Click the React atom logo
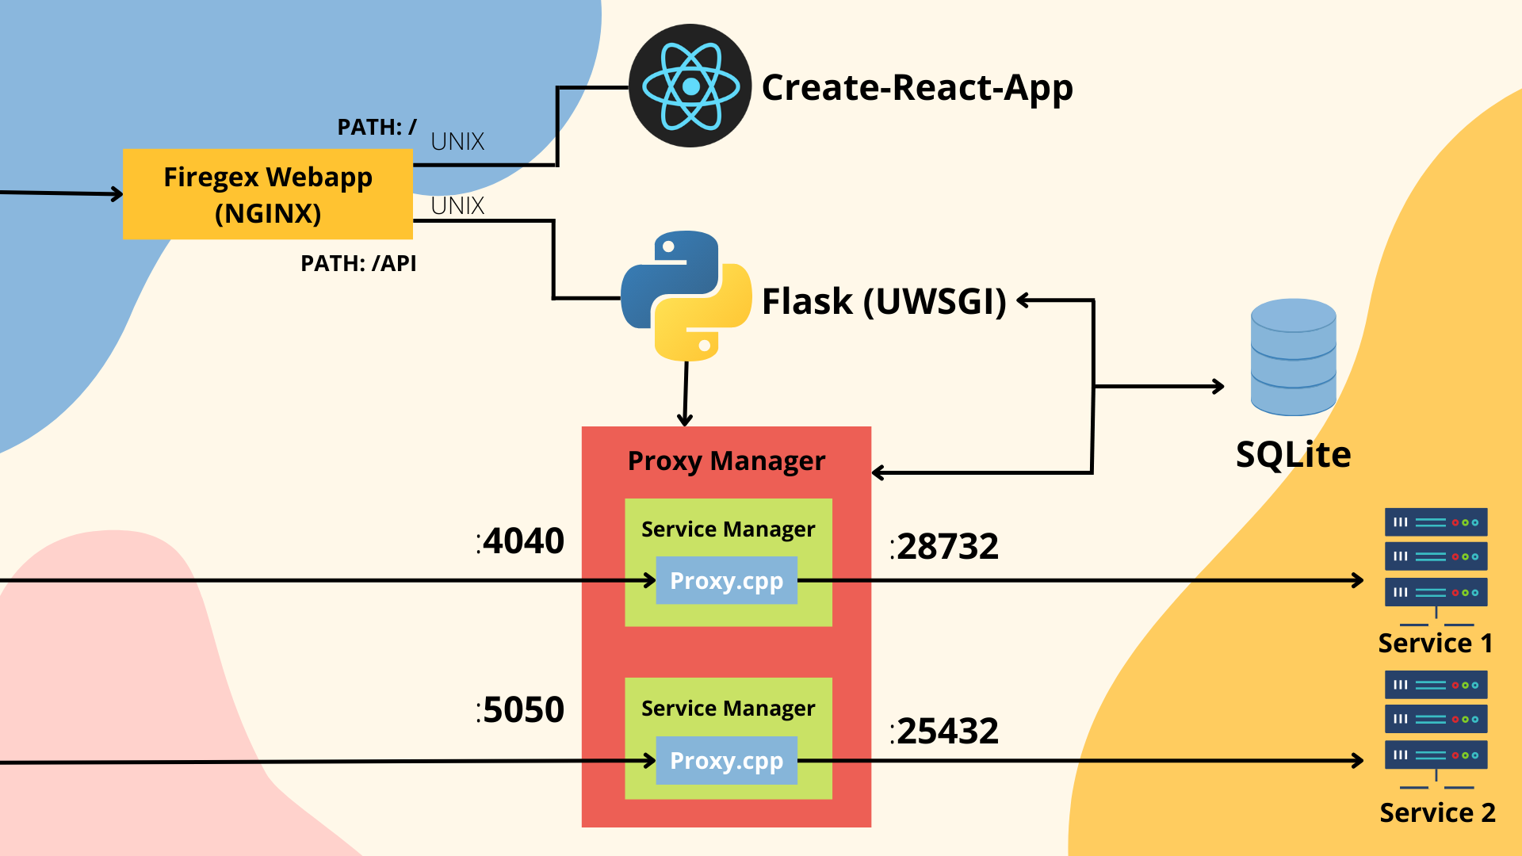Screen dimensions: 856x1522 click(x=690, y=86)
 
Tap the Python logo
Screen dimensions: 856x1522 click(x=686, y=296)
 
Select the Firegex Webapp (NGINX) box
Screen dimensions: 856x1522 click(x=268, y=194)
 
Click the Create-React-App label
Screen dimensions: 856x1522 click(x=917, y=87)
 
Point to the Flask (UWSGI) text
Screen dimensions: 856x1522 click(x=884, y=301)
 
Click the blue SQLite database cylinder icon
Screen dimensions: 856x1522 click(x=1293, y=357)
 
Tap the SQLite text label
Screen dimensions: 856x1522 click(x=1293, y=454)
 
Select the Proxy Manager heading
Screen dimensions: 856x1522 click(x=726, y=460)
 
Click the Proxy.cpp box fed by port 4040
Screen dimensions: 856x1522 click(x=726, y=580)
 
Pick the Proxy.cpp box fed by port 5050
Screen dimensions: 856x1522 click(x=726, y=760)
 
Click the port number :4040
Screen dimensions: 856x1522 click(x=521, y=541)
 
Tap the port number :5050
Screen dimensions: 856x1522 click(x=521, y=709)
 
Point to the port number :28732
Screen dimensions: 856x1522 click(x=944, y=547)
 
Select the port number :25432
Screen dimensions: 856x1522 click(x=944, y=731)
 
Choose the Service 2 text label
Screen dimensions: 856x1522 click(x=1437, y=812)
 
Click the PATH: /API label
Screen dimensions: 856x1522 click(x=358, y=263)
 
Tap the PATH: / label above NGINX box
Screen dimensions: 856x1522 click(x=377, y=127)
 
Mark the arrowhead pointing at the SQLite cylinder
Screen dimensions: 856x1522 click(x=1219, y=387)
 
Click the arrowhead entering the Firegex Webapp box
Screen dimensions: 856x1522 click(x=117, y=193)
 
